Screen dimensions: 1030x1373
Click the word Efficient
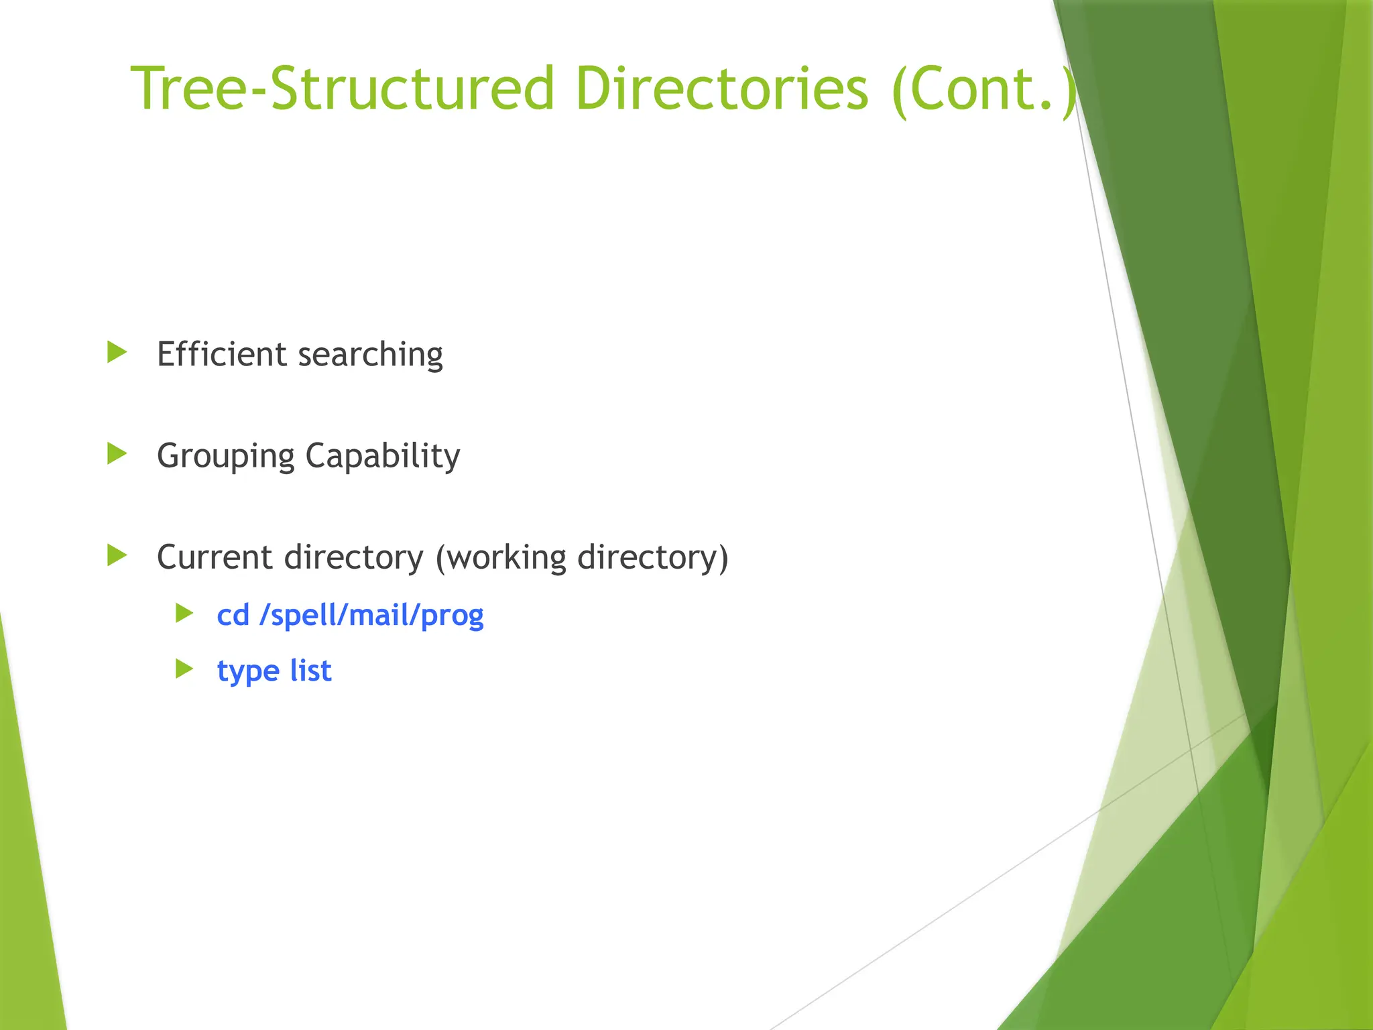[221, 353]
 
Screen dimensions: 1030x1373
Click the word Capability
[383, 457]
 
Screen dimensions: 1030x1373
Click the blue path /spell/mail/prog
[371, 616]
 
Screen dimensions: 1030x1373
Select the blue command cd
[233, 615]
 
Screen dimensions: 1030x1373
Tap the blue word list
[310, 671]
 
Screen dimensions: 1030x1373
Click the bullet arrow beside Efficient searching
[117, 352]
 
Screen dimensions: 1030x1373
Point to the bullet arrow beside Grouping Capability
[117, 454]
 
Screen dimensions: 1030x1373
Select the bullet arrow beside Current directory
[117, 555]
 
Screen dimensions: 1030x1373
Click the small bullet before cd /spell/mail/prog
[184, 613]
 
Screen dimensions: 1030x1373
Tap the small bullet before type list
[184, 669]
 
